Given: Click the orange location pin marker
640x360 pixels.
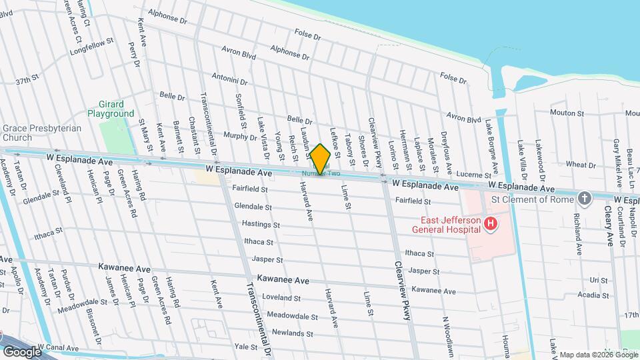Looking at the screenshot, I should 321,159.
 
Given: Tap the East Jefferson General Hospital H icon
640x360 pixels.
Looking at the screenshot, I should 490,224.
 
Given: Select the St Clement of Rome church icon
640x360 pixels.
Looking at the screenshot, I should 585,198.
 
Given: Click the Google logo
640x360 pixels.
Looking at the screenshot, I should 22,351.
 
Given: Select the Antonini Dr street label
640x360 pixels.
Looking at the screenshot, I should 229,78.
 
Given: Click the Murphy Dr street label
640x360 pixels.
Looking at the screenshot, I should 240,137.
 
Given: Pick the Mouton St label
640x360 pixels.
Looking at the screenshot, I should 567,113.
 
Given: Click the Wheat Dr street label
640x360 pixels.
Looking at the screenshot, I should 580,164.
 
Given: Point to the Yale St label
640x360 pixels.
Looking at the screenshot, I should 246,347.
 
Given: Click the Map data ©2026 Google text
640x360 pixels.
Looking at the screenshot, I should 598,355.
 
